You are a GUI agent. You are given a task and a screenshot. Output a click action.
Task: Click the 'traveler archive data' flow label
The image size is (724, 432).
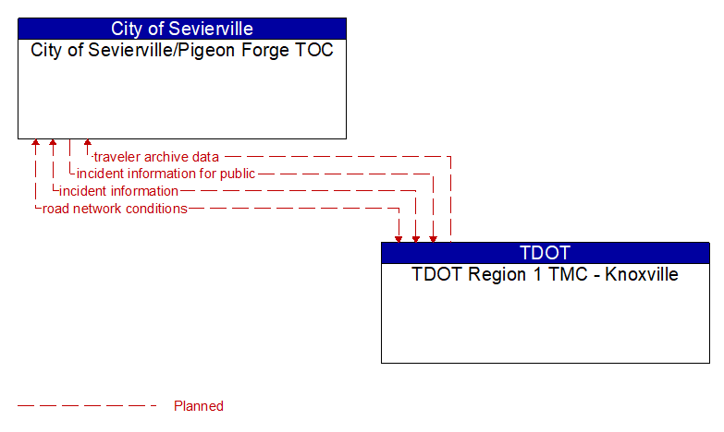[x=156, y=157]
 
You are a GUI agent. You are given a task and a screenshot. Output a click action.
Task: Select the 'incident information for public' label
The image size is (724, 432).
[x=166, y=174]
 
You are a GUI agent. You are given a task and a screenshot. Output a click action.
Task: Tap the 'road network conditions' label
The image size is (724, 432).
[x=115, y=209]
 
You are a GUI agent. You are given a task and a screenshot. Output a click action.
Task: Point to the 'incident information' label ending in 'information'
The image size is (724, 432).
[x=118, y=191]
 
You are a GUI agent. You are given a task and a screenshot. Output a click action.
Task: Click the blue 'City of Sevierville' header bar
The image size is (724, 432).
[x=182, y=29]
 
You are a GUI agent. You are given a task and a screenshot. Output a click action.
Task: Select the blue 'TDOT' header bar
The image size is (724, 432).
[x=546, y=253]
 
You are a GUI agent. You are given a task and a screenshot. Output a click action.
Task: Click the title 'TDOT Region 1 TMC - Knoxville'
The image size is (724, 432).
[x=545, y=274]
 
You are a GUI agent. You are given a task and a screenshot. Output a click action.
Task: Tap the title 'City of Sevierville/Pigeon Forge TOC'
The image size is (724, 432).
[x=182, y=50]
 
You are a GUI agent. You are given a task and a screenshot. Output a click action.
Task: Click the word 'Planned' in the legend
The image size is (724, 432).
[x=199, y=406]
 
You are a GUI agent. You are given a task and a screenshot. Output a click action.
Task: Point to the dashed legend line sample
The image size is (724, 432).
[x=87, y=406]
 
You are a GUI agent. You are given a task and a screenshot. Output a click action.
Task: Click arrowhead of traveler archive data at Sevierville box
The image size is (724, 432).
[x=87, y=142]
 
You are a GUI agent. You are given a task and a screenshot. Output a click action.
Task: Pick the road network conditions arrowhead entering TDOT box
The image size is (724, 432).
[x=399, y=239]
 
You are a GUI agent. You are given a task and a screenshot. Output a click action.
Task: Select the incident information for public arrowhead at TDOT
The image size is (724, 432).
[x=433, y=239]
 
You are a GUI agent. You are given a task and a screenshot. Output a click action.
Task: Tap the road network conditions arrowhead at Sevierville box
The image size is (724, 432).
[x=35, y=142]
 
